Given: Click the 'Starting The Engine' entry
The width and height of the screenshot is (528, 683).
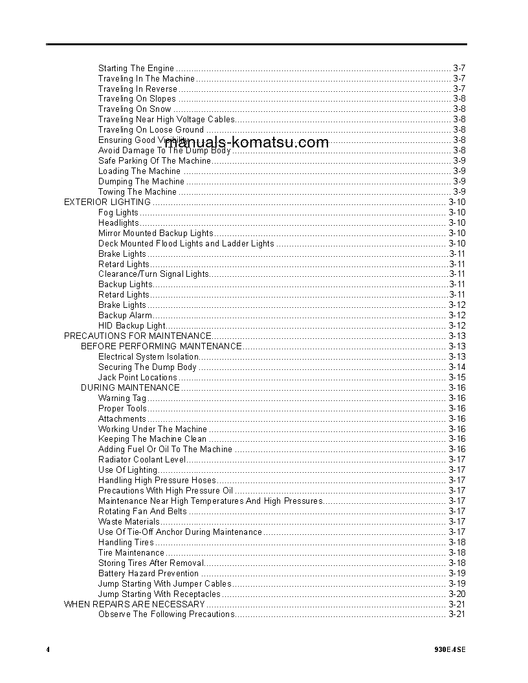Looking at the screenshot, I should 136,68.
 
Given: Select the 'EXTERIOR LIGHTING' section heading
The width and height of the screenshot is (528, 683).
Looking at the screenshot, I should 107,202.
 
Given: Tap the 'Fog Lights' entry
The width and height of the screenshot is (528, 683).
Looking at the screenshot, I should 118,212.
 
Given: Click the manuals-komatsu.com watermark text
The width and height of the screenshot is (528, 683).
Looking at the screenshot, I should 247,142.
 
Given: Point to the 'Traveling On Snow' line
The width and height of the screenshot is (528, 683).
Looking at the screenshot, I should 135,109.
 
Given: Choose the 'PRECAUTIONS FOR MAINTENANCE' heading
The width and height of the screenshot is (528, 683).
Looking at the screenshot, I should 137,336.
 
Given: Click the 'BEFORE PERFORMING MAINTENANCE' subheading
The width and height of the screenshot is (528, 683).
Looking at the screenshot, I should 161,346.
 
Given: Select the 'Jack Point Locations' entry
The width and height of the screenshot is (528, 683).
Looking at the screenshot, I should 137,377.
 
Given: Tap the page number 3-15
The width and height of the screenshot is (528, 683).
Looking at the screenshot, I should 457,377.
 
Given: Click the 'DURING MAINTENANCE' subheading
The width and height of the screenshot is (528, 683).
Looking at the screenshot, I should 130,387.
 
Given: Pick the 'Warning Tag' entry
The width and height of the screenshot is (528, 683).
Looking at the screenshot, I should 122,398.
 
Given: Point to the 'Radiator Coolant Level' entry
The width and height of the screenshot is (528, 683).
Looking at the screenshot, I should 142,459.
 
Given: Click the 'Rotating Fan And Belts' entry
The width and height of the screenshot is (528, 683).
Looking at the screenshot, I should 142,511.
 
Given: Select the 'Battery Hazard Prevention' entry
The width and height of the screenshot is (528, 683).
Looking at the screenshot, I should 148,573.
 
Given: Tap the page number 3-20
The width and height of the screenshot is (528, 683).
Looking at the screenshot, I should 457,594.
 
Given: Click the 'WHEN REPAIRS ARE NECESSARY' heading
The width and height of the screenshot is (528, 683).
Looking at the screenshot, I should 134,604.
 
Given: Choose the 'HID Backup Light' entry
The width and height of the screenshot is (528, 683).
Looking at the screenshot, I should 132,325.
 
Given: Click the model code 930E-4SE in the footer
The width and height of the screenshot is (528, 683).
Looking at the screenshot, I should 450,649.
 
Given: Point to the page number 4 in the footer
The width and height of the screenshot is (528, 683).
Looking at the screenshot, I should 48,649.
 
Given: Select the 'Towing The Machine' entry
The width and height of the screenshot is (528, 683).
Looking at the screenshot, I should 137,191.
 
